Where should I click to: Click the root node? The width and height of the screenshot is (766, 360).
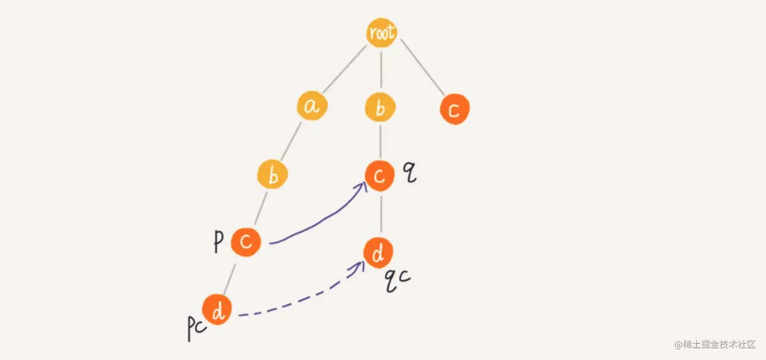click(381, 33)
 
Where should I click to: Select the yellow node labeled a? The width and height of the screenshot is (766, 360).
click(312, 106)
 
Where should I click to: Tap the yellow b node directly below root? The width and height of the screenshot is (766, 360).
click(380, 108)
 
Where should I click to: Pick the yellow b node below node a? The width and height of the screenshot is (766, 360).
click(273, 175)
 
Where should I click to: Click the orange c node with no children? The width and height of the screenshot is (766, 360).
click(454, 110)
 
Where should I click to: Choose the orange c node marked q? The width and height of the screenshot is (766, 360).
click(379, 176)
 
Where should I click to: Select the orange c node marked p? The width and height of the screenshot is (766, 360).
click(246, 242)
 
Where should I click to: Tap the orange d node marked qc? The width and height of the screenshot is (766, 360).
click(378, 254)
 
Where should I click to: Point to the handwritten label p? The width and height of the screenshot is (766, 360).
click(218, 243)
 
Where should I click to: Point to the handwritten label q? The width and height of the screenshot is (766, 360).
click(409, 173)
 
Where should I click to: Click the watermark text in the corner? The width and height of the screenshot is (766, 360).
click(715, 345)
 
